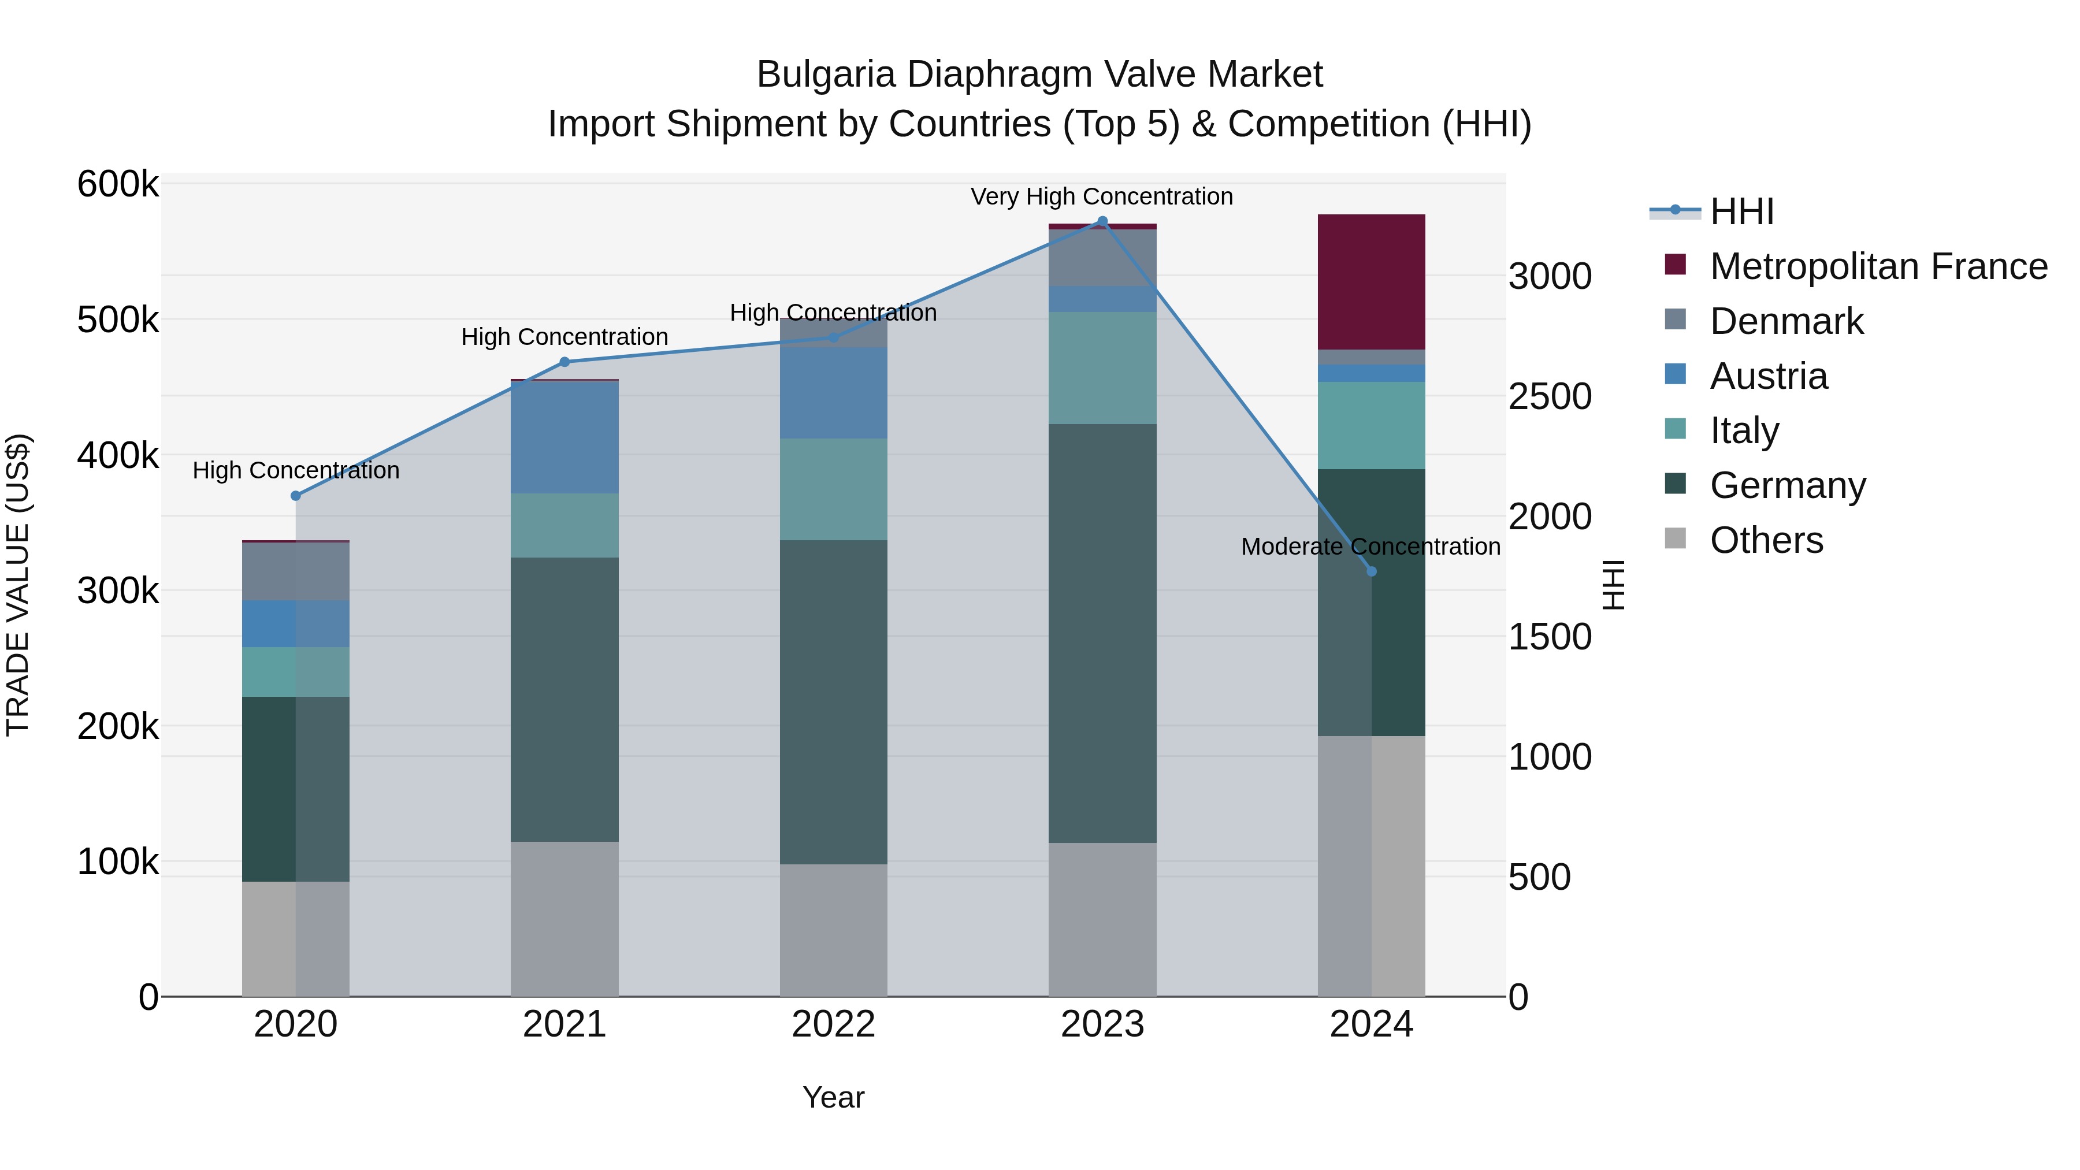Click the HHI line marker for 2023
point(1102,221)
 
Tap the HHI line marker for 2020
point(295,496)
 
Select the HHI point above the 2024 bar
point(1371,571)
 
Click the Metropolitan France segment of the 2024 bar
point(1371,282)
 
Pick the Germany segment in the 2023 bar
point(1102,633)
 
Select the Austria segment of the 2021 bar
point(564,437)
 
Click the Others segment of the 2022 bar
point(833,930)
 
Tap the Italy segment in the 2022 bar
point(833,489)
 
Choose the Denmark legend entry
point(1786,321)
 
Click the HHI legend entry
point(1741,211)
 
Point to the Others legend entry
point(1766,540)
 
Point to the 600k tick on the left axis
point(118,184)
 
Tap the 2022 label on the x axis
point(833,1024)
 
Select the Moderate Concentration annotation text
point(1370,547)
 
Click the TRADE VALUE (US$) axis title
point(18,585)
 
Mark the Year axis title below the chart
point(833,1097)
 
